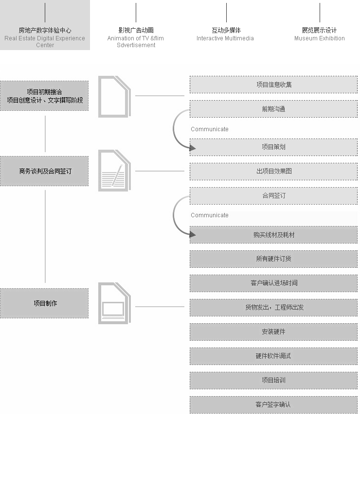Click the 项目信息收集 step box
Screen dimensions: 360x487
pyautogui.click(x=273, y=85)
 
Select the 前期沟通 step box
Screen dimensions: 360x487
pyautogui.click(x=273, y=109)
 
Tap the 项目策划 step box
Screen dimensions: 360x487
pyautogui.click(x=273, y=147)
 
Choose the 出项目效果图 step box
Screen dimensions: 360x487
pyautogui.click(x=273, y=171)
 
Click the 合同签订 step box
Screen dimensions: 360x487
pyautogui.click(x=273, y=196)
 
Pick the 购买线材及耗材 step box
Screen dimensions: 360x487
pyautogui.click(x=273, y=235)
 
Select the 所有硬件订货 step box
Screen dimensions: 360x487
pyautogui.click(x=273, y=259)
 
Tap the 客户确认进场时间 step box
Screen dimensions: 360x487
pyautogui.click(x=273, y=283)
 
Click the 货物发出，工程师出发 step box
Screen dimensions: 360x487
pyautogui.click(x=273, y=308)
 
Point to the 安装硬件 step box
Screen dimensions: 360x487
pyautogui.click(x=273, y=331)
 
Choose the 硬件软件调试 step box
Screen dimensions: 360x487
pyautogui.click(x=273, y=356)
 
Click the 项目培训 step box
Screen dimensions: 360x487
pyautogui.click(x=273, y=380)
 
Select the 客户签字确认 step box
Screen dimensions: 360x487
pyautogui.click(x=273, y=405)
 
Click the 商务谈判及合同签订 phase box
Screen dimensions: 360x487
pyautogui.click(x=44, y=171)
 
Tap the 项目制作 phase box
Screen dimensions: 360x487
pyautogui.click(x=44, y=303)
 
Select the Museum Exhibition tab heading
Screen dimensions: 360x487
pyautogui.click(x=319, y=34)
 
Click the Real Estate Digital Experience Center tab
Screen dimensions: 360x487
pyautogui.click(x=45, y=25)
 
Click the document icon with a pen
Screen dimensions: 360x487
pyautogui.click(x=114, y=171)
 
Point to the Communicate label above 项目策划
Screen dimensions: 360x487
pyautogui.click(x=210, y=129)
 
